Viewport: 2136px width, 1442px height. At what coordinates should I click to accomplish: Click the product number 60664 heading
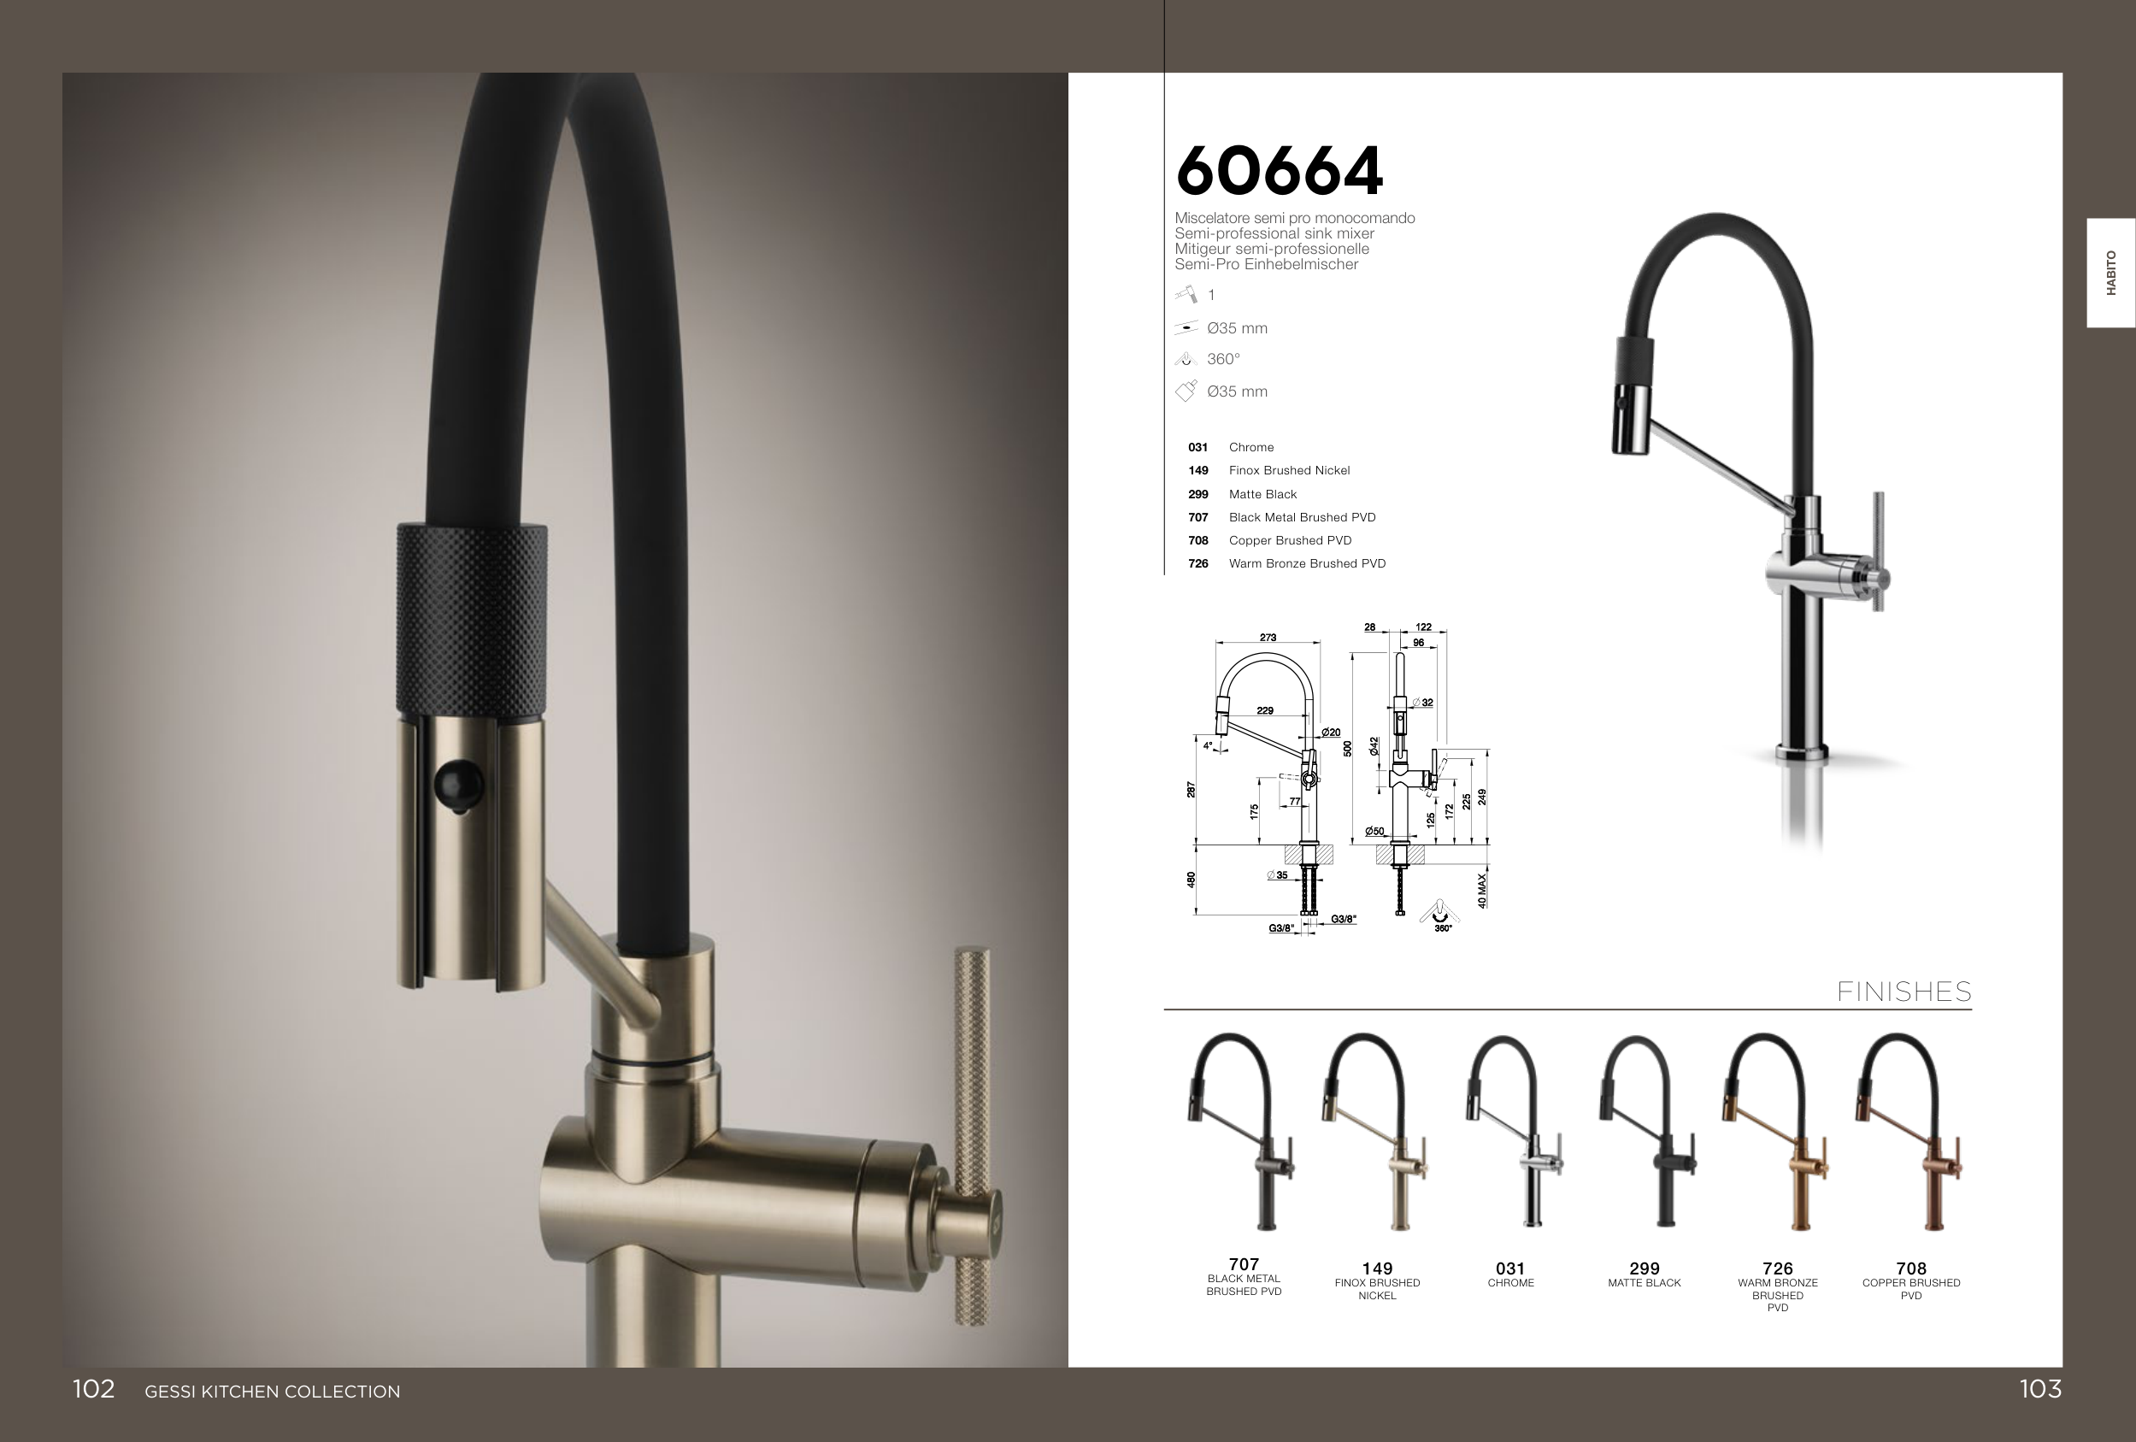pos(1279,171)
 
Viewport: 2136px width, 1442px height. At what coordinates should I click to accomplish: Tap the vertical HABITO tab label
pos(2111,272)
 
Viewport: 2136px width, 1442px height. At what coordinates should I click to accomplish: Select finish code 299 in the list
pos(1197,494)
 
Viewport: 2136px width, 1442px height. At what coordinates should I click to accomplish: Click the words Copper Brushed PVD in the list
pos(1290,540)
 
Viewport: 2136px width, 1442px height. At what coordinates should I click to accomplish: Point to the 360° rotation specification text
pos(1223,359)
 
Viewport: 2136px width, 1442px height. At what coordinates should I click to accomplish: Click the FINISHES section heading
pos(1904,992)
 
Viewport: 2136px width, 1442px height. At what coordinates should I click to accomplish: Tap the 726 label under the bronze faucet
pos(1778,1268)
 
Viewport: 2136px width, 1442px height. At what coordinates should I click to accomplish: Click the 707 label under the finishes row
pos(1244,1264)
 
